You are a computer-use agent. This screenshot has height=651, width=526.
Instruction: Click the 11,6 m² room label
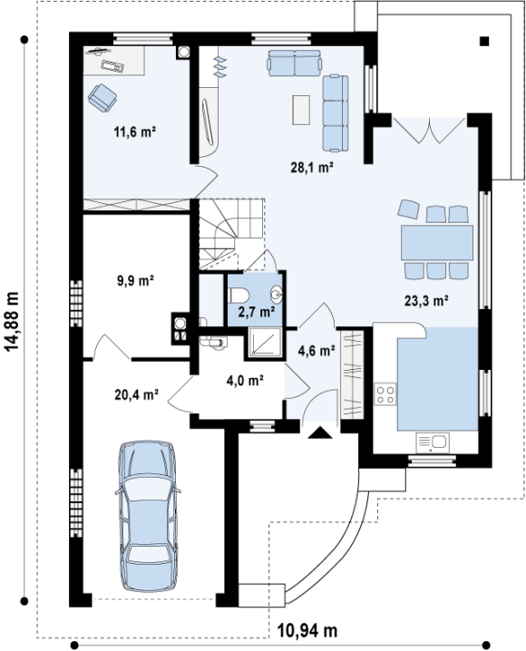tap(135, 132)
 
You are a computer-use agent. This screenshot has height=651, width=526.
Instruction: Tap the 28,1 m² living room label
tap(312, 168)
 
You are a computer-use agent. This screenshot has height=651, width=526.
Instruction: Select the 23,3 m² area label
tap(427, 300)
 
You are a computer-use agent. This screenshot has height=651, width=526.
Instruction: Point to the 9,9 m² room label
tap(136, 281)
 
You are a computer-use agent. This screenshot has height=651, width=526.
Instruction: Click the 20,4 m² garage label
tap(137, 394)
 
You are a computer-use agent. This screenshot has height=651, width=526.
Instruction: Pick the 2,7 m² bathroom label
tap(257, 311)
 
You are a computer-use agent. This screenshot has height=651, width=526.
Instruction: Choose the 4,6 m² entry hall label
tap(317, 351)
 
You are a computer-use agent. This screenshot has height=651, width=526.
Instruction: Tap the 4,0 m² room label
tap(246, 380)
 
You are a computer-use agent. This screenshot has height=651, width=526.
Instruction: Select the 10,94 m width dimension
tap(307, 631)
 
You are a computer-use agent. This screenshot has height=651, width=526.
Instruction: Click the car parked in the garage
tap(148, 516)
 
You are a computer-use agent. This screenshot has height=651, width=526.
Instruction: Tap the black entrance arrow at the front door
tap(319, 432)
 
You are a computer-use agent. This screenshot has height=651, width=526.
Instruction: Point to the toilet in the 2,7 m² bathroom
tap(239, 296)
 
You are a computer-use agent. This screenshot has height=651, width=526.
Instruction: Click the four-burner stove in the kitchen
tap(385, 394)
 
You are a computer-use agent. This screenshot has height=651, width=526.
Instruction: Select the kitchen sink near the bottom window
tap(433, 442)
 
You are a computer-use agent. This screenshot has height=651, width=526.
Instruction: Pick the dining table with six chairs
tap(437, 242)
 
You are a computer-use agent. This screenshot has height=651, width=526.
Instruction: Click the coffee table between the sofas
tap(301, 110)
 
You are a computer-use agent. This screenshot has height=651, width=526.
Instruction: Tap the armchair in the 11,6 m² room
tap(102, 98)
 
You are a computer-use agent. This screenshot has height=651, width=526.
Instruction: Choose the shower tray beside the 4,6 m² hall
tap(266, 342)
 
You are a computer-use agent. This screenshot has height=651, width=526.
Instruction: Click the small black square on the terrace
tap(484, 41)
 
